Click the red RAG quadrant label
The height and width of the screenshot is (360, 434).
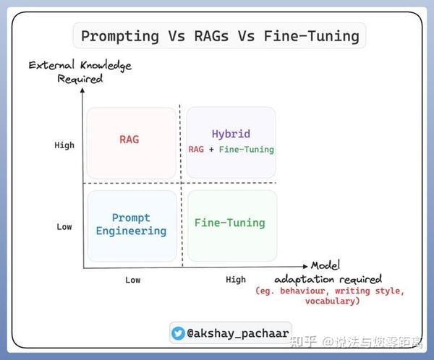pos(129,140)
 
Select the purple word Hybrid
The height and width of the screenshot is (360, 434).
pos(231,134)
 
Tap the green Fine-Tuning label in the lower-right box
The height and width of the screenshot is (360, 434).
pos(230,223)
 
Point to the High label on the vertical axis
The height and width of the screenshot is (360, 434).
pos(64,145)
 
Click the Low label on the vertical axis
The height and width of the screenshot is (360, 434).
pos(64,226)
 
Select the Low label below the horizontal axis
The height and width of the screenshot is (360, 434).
pos(133,279)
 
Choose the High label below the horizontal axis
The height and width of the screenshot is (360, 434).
pos(236,279)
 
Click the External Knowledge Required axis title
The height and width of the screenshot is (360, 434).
pos(80,72)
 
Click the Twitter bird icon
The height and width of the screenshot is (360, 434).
pos(178,333)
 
